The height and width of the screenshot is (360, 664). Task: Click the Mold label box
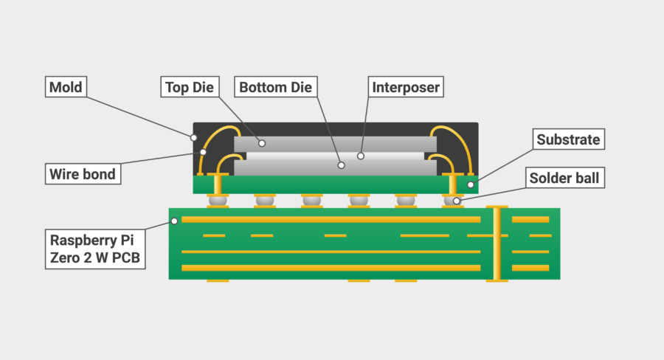coord(65,87)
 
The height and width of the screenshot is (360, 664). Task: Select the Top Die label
coord(189,87)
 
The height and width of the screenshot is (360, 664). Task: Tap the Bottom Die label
coord(275,87)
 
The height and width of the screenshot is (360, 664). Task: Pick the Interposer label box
coord(406,87)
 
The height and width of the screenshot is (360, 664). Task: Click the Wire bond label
coord(82,175)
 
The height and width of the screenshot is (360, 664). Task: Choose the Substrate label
coord(569,139)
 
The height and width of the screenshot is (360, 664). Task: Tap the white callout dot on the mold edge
coord(194,137)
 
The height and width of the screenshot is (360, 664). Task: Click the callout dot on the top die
coord(260,141)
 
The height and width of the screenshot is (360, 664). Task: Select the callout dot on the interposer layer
coord(361,156)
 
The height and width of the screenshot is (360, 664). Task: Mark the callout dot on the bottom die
coord(342,165)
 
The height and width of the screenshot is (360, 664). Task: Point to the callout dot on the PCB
coord(175,221)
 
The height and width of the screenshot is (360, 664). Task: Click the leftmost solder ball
coord(218,200)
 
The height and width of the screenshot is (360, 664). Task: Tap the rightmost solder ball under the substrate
coord(452,200)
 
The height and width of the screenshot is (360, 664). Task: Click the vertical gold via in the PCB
coord(497,243)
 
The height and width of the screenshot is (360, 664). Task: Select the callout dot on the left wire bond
coord(204,152)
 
